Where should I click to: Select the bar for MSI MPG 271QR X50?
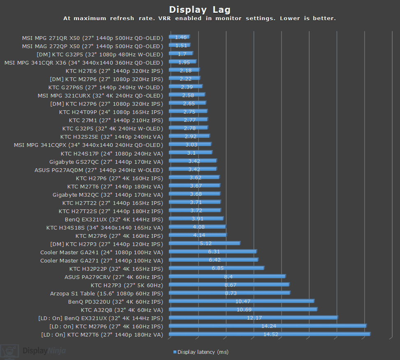click(x=179, y=37)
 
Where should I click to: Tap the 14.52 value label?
click(x=271, y=334)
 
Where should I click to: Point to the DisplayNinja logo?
click(x=33, y=351)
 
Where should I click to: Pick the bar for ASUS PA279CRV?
click(x=227, y=276)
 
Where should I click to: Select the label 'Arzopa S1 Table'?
click(x=106, y=293)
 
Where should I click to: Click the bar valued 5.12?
click(x=204, y=244)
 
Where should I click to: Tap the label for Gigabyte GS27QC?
click(x=106, y=162)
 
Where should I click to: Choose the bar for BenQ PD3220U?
click(x=241, y=302)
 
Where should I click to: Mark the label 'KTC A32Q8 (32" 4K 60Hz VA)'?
click(x=122, y=310)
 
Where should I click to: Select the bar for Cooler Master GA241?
click(x=213, y=252)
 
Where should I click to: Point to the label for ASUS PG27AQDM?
click(x=99, y=170)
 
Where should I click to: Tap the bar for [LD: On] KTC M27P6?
click(x=267, y=326)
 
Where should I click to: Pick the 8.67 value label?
click(x=230, y=285)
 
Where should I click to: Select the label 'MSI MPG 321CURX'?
click(x=100, y=95)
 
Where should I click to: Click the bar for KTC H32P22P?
click(x=216, y=268)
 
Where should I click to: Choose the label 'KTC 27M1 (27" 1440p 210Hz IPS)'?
click(x=116, y=120)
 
